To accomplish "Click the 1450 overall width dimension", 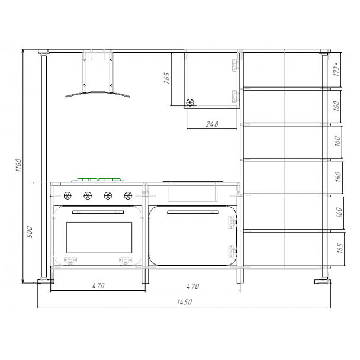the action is [184, 302].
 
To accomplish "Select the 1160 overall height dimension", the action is [18, 165].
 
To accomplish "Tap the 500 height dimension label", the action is [30, 232].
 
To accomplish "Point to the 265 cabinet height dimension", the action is [167, 78].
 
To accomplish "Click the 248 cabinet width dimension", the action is [212, 124].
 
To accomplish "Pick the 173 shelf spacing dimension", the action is [336, 69].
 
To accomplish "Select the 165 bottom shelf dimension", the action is [340, 248].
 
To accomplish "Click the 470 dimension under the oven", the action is [98, 286].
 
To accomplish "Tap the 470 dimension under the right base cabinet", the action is [193, 287].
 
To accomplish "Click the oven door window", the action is [99, 237].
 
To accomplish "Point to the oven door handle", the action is [98, 212].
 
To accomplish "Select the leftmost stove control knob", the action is [67, 195].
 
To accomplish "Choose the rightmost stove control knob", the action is [128, 195].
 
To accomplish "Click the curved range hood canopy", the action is [98, 92].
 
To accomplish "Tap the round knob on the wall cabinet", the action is [190, 102].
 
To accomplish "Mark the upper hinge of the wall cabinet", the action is [234, 65].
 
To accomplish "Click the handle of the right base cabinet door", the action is [193, 212].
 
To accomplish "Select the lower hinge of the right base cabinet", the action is [232, 252].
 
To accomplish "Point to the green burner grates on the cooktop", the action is [99, 179].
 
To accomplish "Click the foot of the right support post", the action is [323, 281].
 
